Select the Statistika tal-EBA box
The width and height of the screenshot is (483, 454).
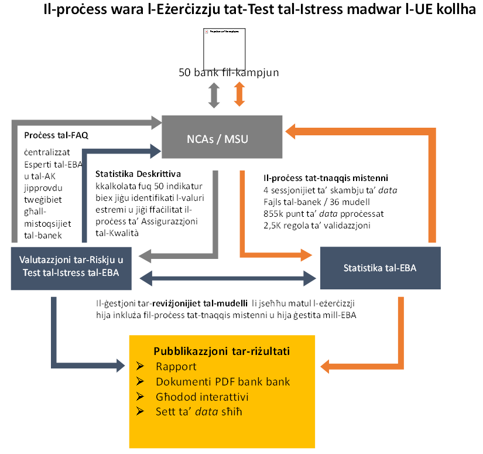pyautogui.click(x=380, y=268)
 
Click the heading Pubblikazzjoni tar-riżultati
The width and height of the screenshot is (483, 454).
pyautogui.click(x=222, y=351)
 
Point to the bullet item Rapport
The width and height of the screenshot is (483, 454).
pyautogui.click(x=176, y=367)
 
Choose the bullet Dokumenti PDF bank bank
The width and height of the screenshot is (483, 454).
pyautogui.click(x=222, y=382)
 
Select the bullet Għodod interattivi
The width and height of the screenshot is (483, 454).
pyautogui.click(x=203, y=397)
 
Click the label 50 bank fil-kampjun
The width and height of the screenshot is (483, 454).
pyautogui.click(x=228, y=73)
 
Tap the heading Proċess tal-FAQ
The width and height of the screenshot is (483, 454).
pyautogui.click(x=56, y=135)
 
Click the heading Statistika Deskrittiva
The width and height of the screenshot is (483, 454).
pyautogui.click(x=138, y=174)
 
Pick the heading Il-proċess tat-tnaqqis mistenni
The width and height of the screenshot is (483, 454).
pyautogui.click(x=326, y=177)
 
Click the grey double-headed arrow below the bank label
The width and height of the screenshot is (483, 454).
pyautogui.click(x=214, y=94)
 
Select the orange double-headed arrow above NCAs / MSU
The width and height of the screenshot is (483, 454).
pyautogui.click(x=239, y=94)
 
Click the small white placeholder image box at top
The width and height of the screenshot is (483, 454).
pyautogui.click(x=224, y=49)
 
